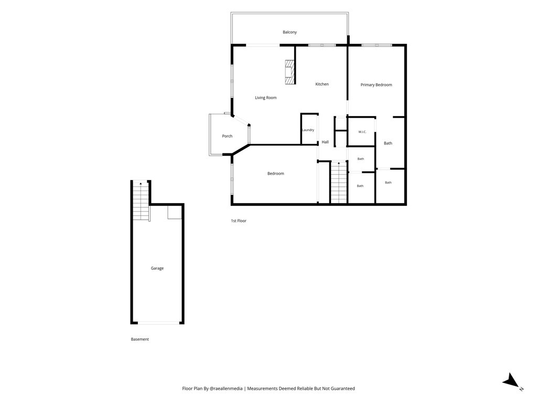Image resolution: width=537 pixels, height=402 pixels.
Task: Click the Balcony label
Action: click(x=289, y=32)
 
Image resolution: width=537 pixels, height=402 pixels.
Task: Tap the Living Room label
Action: click(x=265, y=98)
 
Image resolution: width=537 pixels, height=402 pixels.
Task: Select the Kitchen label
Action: click(x=322, y=84)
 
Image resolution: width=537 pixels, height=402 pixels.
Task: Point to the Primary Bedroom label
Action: click(x=376, y=85)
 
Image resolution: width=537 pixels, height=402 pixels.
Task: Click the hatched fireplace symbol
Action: click(x=290, y=72)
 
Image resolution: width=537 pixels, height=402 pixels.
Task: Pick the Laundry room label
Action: click(x=308, y=130)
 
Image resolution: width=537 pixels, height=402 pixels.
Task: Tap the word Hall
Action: click(x=325, y=142)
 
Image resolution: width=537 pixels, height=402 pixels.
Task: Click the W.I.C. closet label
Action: click(x=362, y=132)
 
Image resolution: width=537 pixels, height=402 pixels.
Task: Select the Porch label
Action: click(x=227, y=136)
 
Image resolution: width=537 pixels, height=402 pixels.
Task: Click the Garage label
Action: click(x=157, y=269)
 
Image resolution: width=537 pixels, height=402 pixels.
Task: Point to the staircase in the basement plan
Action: click(x=141, y=201)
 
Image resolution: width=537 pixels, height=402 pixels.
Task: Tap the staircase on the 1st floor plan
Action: click(x=339, y=183)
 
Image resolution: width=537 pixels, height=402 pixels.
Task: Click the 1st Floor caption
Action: click(x=239, y=221)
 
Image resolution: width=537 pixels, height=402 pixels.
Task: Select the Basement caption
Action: click(x=139, y=339)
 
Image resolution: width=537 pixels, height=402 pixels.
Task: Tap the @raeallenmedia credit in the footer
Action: click(x=226, y=389)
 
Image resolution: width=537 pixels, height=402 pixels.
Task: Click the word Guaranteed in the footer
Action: click(x=343, y=389)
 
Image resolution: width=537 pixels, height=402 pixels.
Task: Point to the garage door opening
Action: click(x=158, y=322)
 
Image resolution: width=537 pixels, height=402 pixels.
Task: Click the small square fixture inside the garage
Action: click(x=174, y=213)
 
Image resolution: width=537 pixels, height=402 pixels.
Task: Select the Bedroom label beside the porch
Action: click(x=276, y=174)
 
